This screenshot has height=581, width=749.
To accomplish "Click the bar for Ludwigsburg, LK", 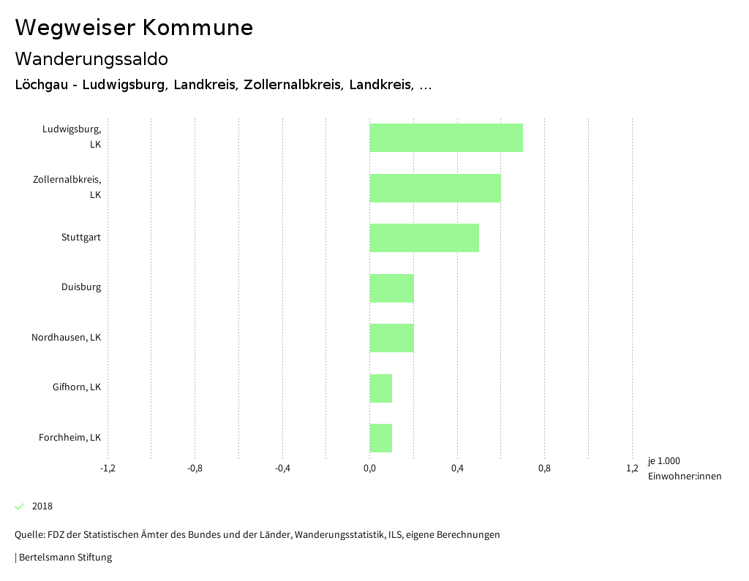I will (446, 137).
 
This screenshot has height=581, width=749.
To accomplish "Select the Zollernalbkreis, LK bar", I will (435, 188).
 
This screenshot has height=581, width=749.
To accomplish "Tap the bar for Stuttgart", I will (424, 238).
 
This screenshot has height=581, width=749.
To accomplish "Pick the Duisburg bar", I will (391, 288).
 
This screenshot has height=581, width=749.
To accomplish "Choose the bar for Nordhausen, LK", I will (391, 338).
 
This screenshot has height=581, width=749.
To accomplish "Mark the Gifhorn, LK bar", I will (380, 388).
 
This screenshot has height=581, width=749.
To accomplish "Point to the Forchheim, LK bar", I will (380, 438).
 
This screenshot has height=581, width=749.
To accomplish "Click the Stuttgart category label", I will (81, 238).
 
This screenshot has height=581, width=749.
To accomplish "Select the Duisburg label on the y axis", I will (81, 287).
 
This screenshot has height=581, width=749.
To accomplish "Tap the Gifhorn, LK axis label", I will (77, 387).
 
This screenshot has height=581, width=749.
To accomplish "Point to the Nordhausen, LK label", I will (66, 338).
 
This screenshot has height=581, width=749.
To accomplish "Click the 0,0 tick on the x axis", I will (369, 468).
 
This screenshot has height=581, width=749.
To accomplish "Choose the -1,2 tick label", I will (108, 468).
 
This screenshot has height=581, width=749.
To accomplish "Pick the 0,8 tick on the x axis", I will (544, 468).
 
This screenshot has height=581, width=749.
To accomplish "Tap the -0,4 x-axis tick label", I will (282, 468).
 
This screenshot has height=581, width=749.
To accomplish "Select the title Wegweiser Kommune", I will (134, 28).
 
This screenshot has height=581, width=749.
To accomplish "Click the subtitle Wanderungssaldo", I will (91, 58).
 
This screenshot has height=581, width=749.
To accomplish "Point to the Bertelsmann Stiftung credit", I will (64, 558).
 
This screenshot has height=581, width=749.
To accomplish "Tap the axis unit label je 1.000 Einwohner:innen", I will (684, 468).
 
